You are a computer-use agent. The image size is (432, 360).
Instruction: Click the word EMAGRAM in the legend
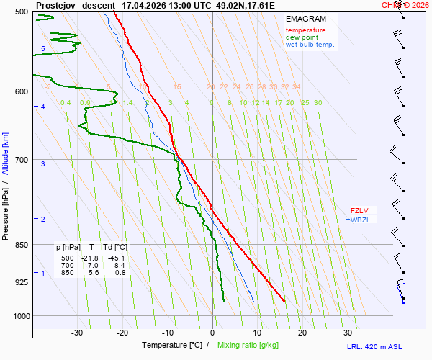tap(305, 19)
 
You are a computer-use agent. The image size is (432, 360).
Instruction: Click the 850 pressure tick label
tap(22, 245)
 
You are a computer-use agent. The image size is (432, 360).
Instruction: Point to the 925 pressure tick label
tap(22, 282)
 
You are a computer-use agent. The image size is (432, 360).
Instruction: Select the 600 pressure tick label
tap(22, 91)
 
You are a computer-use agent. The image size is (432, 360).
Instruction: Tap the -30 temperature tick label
tap(77, 333)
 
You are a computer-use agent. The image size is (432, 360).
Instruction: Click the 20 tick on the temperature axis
tap(302, 333)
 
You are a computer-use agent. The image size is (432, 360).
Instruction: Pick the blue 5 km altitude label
tap(43, 48)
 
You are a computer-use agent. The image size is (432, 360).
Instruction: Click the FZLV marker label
tap(359, 210)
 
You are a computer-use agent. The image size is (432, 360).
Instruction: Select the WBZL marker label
tap(359, 220)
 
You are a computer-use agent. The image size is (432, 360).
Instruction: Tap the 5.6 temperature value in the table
tap(94, 273)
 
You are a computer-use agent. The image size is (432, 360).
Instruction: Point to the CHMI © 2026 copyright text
tap(405, 5)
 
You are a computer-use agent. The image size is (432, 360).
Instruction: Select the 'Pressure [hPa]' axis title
tap(6, 209)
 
